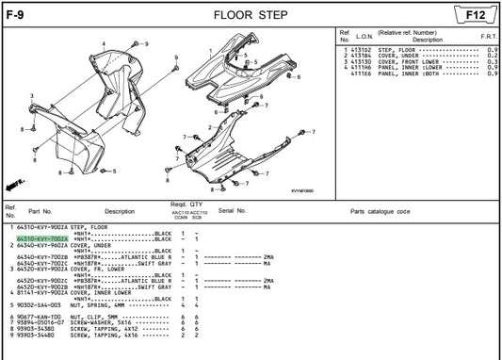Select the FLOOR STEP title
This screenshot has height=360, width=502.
tap(250, 14)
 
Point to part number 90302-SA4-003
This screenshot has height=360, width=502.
tap(39, 305)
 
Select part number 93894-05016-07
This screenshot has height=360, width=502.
tap(41, 322)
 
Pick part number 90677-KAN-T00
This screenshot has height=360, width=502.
tap(39, 317)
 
